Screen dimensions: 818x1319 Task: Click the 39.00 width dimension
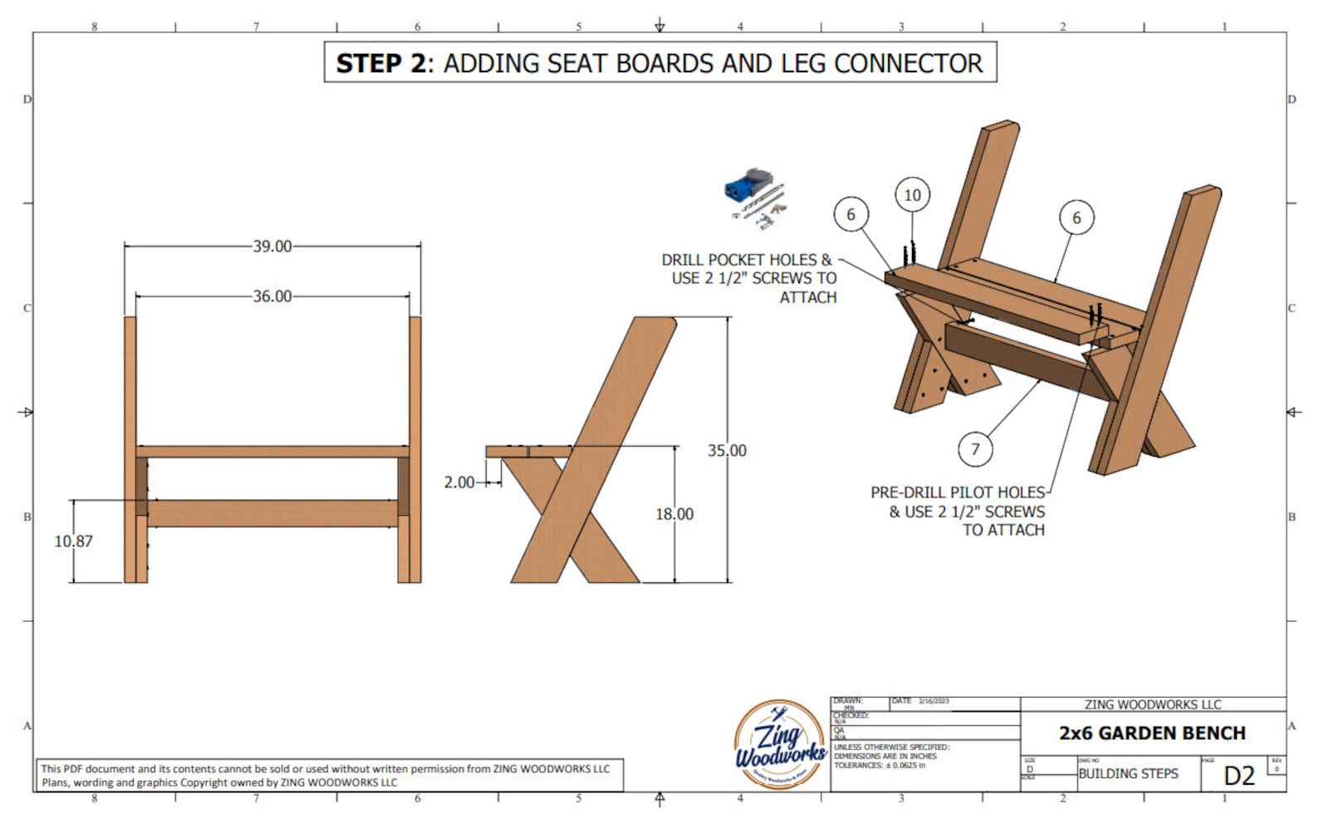(272, 247)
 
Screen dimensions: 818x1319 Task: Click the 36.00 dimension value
(272, 296)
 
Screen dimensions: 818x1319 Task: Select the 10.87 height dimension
(74, 541)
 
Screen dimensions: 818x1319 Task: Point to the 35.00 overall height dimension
(727, 451)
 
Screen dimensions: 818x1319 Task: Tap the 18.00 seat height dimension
(674, 514)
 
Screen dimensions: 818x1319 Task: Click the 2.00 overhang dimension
(459, 482)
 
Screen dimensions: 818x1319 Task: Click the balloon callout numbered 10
(912, 195)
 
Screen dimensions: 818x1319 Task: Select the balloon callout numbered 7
(975, 449)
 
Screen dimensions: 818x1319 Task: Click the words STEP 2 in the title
(380, 64)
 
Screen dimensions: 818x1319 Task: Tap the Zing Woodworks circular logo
(779, 744)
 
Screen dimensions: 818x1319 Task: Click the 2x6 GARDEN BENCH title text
(1152, 733)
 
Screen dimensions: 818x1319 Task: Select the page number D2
(1239, 776)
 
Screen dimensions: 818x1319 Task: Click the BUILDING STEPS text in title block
(1128, 774)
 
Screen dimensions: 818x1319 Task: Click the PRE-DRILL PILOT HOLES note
(958, 511)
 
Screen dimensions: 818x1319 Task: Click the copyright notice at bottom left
(326, 775)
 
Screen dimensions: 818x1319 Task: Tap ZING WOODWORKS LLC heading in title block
(1152, 704)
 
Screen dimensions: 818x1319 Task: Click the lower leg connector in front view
(272, 513)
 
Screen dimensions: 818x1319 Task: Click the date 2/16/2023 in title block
(934, 702)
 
